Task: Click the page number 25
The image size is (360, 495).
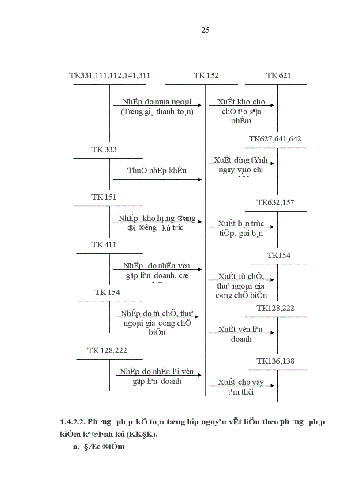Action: point(205,30)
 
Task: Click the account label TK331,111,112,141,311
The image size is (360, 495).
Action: point(110,75)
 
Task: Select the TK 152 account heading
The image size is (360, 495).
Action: point(206,75)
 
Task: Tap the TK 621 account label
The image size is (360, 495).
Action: point(278,75)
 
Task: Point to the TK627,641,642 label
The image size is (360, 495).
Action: point(275,139)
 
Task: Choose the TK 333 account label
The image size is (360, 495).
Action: point(104,149)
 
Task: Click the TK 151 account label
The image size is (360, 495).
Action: point(104,197)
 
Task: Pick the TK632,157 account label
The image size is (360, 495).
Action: point(275,202)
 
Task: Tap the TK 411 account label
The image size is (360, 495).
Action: point(104,245)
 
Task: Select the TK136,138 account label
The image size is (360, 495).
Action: point(275,361)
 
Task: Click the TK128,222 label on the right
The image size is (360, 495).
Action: point(275,308)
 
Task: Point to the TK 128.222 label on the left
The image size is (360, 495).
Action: point(107,350)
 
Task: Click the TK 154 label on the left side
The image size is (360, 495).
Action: point(107,292)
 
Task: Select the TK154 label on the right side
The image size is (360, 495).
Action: point(278,255)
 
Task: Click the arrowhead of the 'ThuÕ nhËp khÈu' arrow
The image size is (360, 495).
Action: point(200,179)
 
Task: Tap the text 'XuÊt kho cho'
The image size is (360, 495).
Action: point(241,102)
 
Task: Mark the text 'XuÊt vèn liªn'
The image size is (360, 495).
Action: point(240,329)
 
